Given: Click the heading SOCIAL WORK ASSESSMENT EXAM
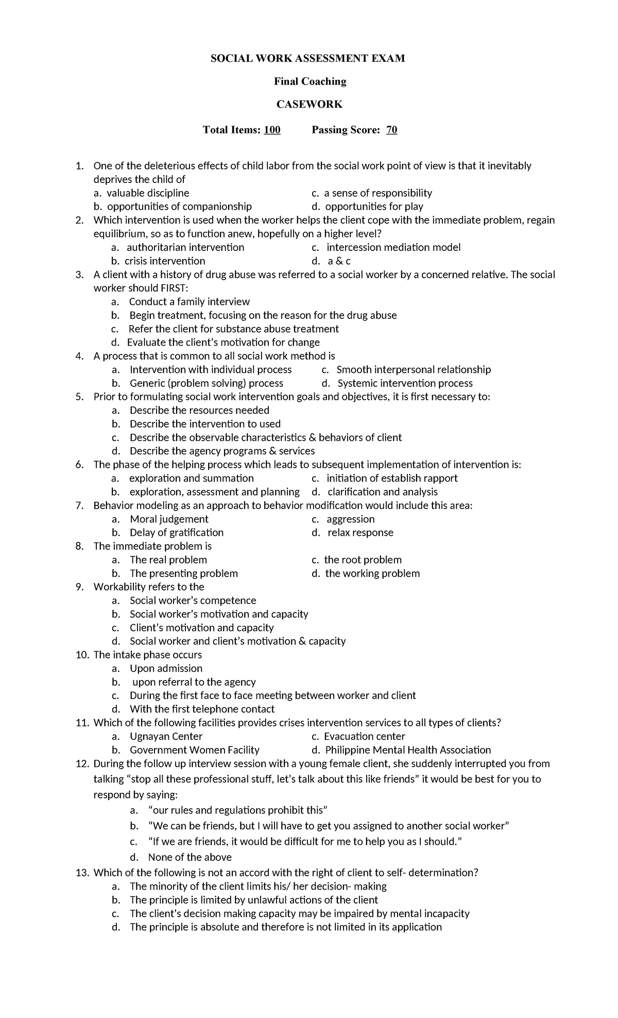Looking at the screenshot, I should (307, 58).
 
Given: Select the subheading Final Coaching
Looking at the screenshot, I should (310, 81).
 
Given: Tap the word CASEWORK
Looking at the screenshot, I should (309, 105).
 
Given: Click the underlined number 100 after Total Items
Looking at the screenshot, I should (272, 130).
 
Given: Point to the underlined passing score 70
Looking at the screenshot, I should (391, 130).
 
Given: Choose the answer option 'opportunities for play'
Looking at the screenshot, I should (374, 207).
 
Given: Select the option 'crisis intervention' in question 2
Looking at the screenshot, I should (165, 261).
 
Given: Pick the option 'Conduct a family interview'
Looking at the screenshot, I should (189, 302).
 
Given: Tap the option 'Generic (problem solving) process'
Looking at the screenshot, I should (206, 383).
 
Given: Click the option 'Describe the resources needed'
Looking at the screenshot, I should (199, 411).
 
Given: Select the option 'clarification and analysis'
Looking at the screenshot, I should (382, 492).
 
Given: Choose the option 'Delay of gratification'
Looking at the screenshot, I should (176, 533).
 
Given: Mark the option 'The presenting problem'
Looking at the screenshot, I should (183, 573).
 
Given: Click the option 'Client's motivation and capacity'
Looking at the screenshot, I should (201, 628).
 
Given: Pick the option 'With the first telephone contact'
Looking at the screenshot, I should (202, 709).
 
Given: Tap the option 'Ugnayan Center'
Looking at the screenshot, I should (166, 737).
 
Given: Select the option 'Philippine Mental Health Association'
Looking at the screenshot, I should (408, 750).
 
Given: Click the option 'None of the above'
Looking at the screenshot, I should (190, 857).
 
